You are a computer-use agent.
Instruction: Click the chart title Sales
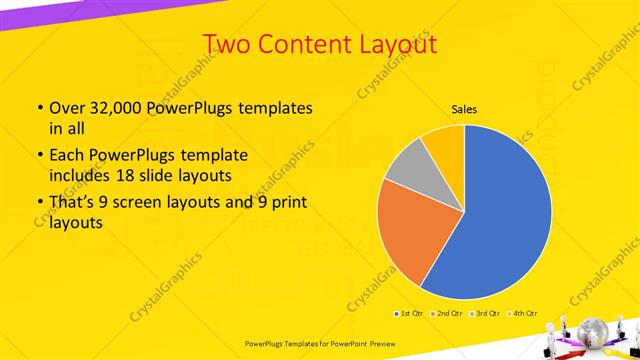pyautogui.click(x=463, y=109)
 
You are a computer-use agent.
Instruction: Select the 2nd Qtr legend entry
pyautogui.click(x=448, y=313)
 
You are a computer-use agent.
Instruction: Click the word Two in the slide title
pyautogui.click(x=227, y=44)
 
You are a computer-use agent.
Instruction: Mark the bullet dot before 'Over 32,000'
pyautogui.click(x=39, y=108)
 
